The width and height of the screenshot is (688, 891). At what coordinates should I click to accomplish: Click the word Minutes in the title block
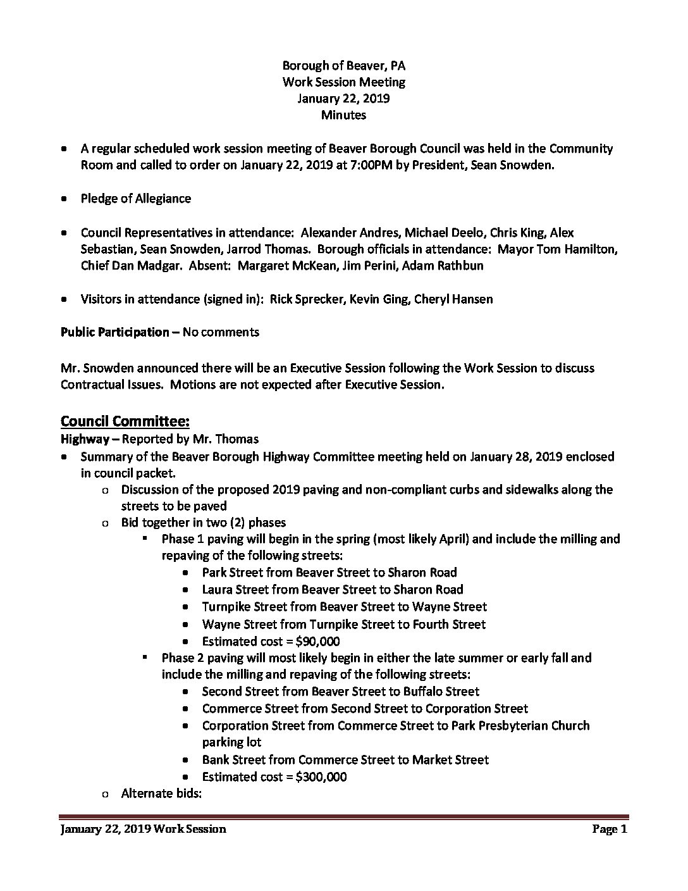pos(343,115)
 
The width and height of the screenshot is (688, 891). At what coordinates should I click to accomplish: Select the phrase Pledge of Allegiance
pos(135,199)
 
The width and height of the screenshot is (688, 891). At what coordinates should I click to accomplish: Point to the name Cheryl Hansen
pos(453,299)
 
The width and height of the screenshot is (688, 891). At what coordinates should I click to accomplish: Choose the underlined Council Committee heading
pos(125,421)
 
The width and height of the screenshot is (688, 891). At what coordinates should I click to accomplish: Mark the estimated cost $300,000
pos(321,776)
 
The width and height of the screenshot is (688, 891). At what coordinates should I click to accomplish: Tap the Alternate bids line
pos(161,793)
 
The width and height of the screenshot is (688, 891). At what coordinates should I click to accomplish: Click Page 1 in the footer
pos(609,829)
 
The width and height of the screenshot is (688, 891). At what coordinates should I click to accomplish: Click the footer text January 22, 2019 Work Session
pos(143,829)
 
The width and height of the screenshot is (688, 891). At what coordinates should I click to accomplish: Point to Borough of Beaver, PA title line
pos(343,65)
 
